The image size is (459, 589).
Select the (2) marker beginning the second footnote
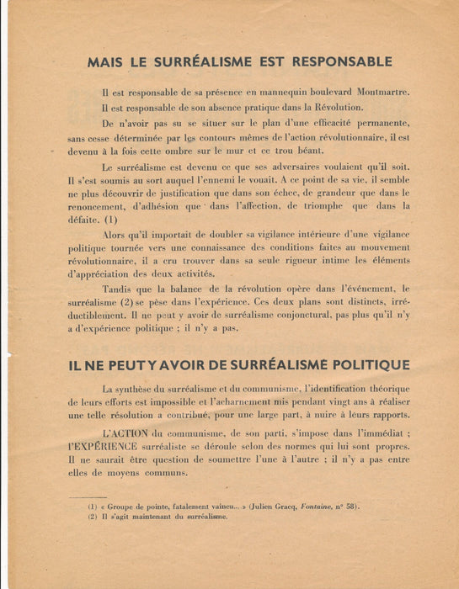(93, 517)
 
